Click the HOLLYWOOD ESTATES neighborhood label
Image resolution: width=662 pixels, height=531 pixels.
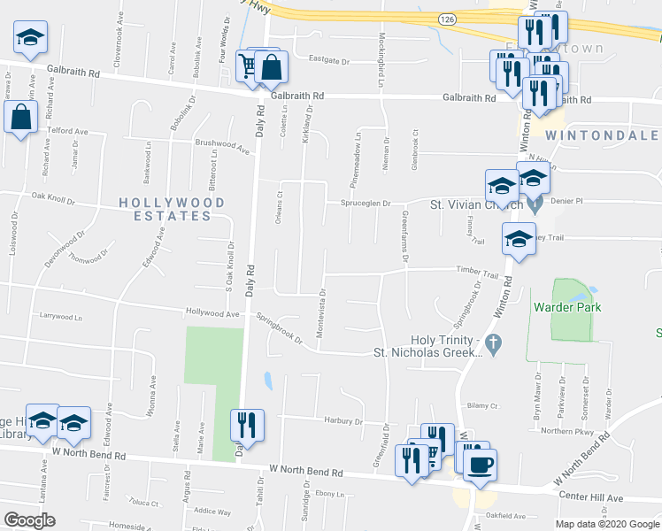[x=173, y=209]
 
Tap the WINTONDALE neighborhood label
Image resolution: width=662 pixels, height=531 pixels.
[x=601, y=135]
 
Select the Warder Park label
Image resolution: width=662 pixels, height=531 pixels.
[x=566, y=308]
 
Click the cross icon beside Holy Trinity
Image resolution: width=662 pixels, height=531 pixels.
[x=496, y=342]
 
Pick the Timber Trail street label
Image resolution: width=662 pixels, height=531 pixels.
[x=478, y=271]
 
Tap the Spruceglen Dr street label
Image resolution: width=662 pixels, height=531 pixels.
[x=366, y=203]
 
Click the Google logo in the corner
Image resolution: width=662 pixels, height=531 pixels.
[x=29, y=520]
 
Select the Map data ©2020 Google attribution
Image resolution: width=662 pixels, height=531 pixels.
[x=607, y=524]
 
